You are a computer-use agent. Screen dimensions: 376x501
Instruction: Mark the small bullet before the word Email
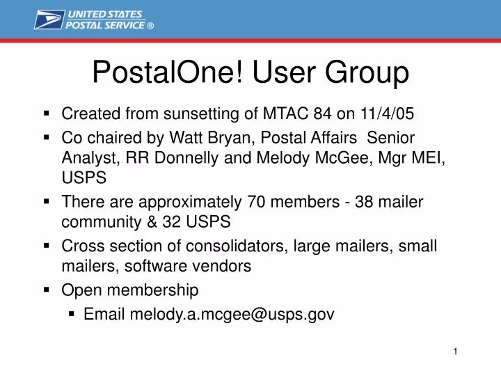(72, 313)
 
